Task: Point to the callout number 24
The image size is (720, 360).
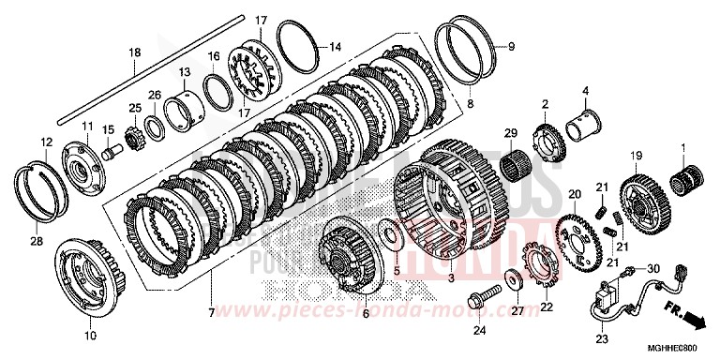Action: (x=479, y=331)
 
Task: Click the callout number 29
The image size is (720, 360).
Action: (x=510, y=134)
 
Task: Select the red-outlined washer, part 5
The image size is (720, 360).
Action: (x=391, y=232)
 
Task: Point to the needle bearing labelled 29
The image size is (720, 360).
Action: (x=510, y=168)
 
